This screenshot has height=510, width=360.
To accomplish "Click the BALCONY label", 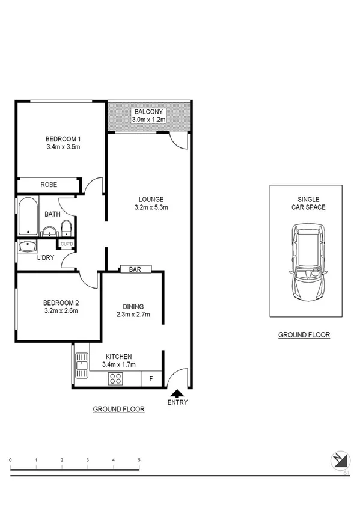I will point(149,112).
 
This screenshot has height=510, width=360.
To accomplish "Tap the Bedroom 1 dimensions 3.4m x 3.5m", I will point(63,146).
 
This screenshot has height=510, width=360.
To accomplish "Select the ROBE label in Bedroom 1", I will point(49,185).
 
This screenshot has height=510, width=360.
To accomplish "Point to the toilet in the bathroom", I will point(67,229).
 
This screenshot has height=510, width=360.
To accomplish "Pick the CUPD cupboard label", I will point(66,244).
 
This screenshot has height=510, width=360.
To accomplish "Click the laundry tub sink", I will point(27,246).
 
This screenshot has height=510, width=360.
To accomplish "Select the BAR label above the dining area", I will point(135,269).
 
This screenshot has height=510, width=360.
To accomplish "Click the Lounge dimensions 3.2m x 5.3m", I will point(151,208).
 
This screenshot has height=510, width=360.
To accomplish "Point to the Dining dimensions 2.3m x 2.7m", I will point(133,314).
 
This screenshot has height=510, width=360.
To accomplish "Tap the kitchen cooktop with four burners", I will point(115,378).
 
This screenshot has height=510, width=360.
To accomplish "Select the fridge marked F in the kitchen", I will point(150,379).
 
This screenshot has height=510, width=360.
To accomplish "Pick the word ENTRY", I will point(177,402).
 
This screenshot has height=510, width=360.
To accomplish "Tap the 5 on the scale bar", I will point(139,460).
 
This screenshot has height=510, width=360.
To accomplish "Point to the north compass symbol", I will point(340,460).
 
